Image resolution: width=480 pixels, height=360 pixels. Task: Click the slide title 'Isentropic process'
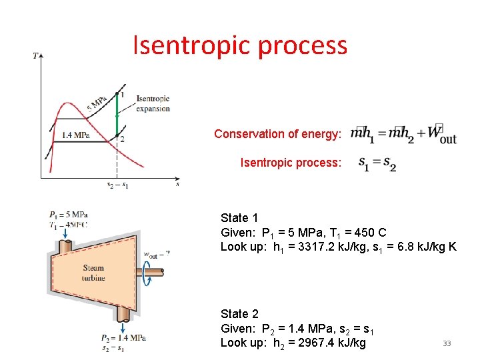tap(240, 45)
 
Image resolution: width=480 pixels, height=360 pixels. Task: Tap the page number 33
tap(447, 343)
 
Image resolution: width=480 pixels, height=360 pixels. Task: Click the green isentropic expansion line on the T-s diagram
tap(117, 115)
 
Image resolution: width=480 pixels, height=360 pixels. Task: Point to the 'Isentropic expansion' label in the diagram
tap(153, 104)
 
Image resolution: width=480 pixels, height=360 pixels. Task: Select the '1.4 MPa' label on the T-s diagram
tap(75, 135)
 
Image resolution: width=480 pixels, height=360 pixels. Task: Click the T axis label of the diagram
tap(35, 55)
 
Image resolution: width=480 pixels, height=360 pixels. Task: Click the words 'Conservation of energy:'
tap(277, 134)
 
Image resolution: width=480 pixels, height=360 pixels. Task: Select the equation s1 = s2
tap(377, 163)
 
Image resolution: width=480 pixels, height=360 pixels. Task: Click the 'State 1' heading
tap(239, 218)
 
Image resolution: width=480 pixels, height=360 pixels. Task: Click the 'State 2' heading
tap(239, 314)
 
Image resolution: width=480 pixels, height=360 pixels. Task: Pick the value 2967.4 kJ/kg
tap(324, 343)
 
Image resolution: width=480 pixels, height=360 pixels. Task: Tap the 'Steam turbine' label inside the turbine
tap(93, 273)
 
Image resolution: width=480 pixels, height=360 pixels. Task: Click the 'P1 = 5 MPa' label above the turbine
tap(68, 215)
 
